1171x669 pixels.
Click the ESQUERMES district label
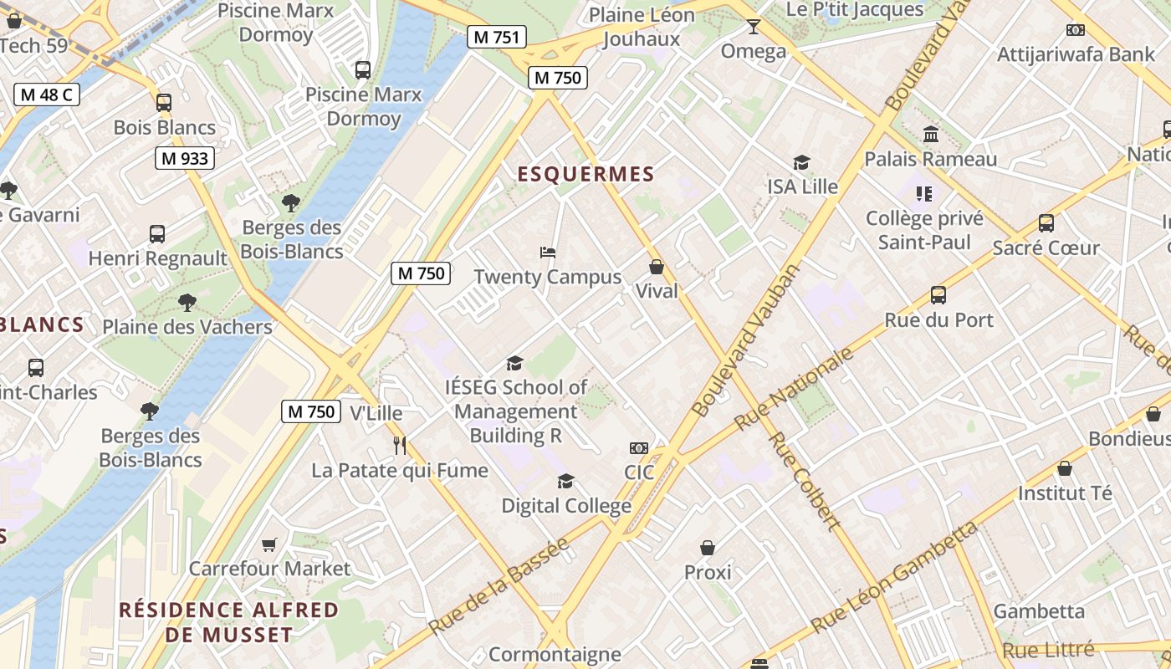tap(585, 174)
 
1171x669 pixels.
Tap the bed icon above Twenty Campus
tap(548, 252)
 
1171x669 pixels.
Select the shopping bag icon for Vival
tap(657, 267)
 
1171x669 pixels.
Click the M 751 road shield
tap(497, 37)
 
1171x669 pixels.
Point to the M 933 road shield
tap(185, 158)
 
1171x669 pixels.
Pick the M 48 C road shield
tap(47, 94)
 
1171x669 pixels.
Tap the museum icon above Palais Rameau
tap(930, 134)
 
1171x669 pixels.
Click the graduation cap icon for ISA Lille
tap(802, 162)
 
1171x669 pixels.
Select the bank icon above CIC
tap(639, 448)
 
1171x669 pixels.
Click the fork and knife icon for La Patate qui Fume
tap(400, 445)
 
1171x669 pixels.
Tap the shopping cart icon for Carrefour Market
tap(269, 544)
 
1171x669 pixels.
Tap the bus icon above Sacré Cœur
tap(1046, 223)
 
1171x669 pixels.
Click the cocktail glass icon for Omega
tap(753, 27)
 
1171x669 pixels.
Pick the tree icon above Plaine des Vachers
tap(187, 303)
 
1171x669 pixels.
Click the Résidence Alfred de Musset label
tap(228, 621)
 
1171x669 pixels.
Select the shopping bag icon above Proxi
tap(708, 548)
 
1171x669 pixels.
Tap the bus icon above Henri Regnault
tap(157, 234)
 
